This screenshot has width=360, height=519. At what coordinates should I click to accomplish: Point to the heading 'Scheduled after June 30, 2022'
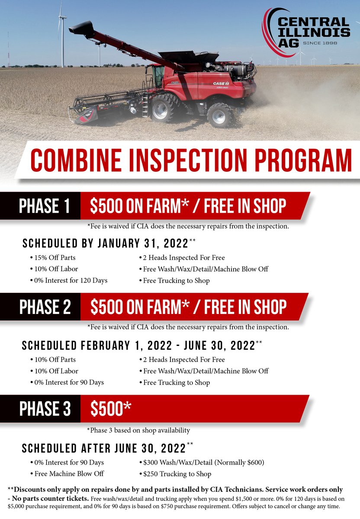104,448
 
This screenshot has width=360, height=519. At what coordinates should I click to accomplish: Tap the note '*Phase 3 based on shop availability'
138,430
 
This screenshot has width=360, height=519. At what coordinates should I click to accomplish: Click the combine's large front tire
162,108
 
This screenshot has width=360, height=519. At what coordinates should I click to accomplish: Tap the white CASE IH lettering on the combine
221,83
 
